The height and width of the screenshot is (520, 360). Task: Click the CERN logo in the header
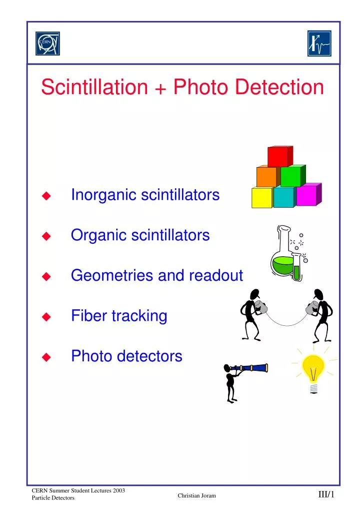(47, 44)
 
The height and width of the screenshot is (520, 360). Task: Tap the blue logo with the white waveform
(318, 44)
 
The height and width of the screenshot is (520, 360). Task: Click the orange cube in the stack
(266, 176)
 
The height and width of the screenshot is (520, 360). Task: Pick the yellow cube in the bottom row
(261, 197)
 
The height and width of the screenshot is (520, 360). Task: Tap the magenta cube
(307, 195)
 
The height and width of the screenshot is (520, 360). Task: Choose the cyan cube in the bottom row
(284, 197)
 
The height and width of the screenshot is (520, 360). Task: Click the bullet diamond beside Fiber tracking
(46, 317)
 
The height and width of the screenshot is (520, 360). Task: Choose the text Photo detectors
(126, 356)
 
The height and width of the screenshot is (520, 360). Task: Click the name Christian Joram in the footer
(197, 495)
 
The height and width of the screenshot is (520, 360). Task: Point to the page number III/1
(326, 495)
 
